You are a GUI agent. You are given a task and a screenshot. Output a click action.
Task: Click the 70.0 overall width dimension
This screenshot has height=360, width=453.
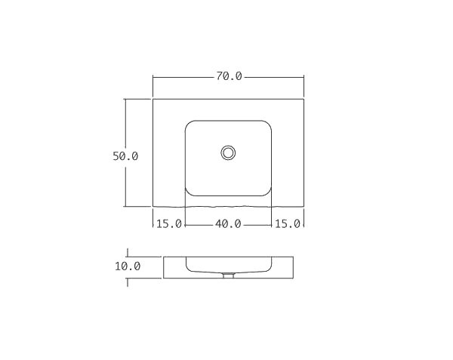tap(228, 76)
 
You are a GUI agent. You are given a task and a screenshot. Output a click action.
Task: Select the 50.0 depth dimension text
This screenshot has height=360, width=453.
tap(125, 156)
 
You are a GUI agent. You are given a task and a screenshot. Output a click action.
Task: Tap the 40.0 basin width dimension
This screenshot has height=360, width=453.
tap(228, 223)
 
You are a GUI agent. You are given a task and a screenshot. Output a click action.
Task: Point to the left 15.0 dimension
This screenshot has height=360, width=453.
tap(169, 223)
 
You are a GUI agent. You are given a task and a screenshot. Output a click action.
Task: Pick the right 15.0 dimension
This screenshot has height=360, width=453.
tap(288, 223)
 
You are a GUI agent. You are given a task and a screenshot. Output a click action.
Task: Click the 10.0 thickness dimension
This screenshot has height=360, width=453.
tap(128, 266)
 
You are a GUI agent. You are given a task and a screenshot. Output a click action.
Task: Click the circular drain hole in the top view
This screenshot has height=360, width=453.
tap(228, 152)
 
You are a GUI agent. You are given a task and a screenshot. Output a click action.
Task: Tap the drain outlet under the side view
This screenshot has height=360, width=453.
tap(228, 275)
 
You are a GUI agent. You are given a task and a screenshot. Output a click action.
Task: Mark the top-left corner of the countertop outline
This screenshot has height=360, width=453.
tap(153, 98)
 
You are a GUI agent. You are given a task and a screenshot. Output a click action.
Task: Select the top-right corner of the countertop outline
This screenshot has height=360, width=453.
tap(304, 98)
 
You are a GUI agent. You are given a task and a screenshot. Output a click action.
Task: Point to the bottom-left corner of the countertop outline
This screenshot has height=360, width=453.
tap(153, 207)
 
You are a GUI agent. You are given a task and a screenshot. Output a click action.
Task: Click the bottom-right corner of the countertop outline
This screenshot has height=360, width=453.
tap(304, 207)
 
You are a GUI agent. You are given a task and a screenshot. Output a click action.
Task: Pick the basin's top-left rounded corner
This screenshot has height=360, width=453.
tap(190, 125)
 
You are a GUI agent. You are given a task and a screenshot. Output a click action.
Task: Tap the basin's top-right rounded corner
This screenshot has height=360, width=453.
tap(267, 125)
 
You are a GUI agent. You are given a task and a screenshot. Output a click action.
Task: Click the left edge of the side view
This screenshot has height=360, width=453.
tap(164, 267)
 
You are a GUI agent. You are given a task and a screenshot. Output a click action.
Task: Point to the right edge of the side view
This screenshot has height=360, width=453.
tap(293, 267)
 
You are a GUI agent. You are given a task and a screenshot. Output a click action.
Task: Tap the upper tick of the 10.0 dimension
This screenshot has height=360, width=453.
tap(128, 253)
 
